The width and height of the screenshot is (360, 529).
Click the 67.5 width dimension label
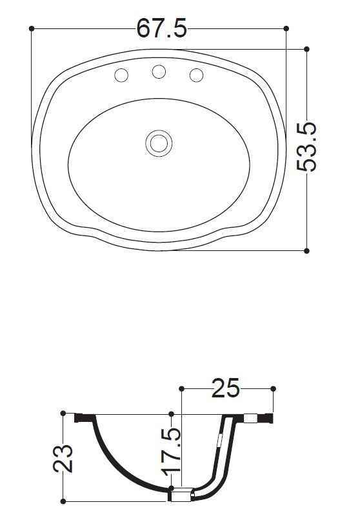click(x=161, y=28)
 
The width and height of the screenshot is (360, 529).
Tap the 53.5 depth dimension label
click(x=306, y=147)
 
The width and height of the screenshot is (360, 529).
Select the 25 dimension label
click(x=226, y=388)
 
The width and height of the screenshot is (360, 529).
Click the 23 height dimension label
click(x=63, y=459)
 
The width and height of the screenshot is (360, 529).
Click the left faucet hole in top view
click(x=121, y=75)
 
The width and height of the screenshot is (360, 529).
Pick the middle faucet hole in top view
click(x=159, y=72)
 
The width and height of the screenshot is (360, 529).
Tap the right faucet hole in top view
click(x=196, y=75)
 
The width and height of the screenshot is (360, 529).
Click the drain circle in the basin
click(x=159, y=143)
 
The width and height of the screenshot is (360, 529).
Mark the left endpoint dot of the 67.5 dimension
click(x=32, y=28)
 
